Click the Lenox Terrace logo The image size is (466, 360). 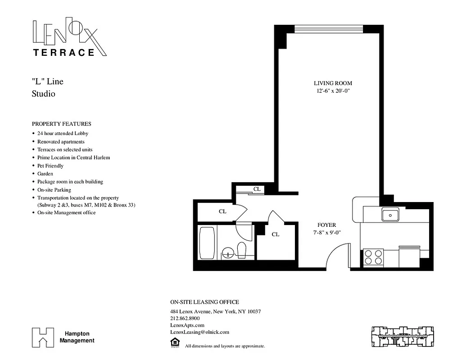[70, 38]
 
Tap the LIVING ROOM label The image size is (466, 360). [333, 83]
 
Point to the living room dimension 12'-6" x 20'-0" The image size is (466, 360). [333, 91]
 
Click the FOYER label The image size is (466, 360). [326, 225]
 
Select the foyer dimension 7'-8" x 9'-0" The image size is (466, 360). [326, 233]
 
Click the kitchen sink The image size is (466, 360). [389, 215]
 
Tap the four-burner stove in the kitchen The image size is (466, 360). [373, 257]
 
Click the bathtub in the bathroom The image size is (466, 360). [208, 243]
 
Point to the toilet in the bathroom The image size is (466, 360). [241, 250]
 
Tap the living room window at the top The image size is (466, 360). [328, 29]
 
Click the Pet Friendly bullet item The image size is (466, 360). [50, 166]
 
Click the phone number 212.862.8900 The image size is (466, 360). [185, 319]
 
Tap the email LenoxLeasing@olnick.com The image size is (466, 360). [199, 332]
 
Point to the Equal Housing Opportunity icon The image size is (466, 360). [174, 343]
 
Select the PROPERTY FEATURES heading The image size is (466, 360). [61, 124]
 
